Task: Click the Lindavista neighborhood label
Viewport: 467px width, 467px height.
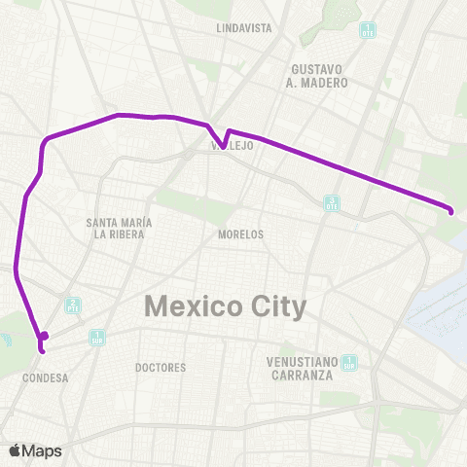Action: click(x=245, y=28)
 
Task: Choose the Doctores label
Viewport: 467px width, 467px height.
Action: click(x=161, y=368)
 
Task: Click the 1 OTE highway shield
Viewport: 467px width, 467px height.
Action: click(x=368, y=29)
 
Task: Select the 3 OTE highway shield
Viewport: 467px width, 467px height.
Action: click(x=332, y=202)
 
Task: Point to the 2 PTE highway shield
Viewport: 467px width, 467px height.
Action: click(x=72, y=305)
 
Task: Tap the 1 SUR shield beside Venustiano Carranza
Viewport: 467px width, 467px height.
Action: click(x=349, y=364)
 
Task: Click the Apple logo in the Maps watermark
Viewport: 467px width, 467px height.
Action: click(x=16, y=450)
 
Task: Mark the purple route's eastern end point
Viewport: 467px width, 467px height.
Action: click(x=451, y=210)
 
